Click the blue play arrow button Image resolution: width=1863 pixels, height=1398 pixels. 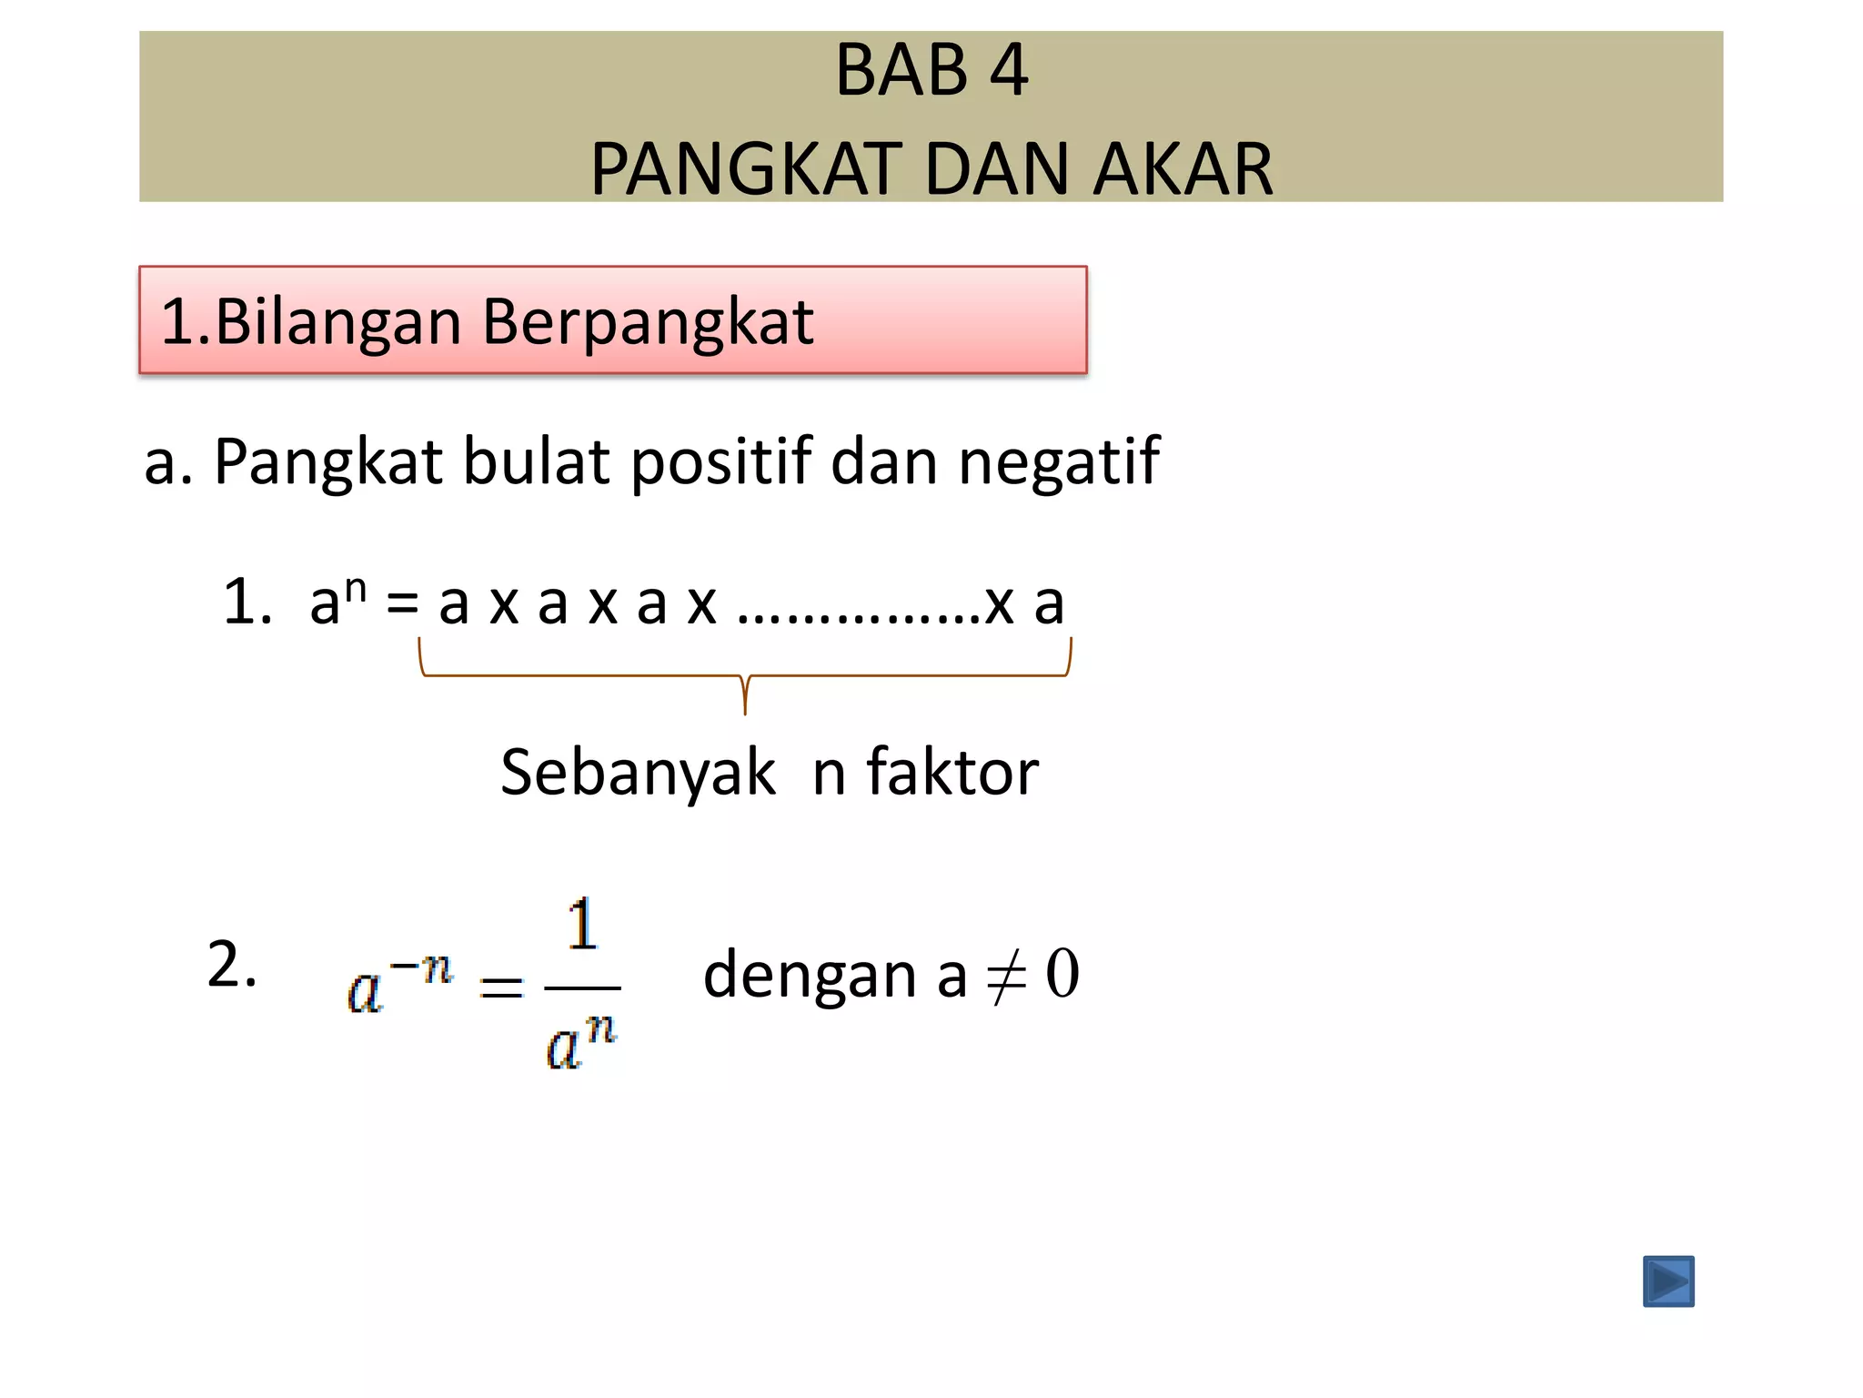point(1668,1281)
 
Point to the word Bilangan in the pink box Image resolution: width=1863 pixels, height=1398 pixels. point(338,322)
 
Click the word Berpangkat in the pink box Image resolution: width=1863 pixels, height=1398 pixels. point(648,322)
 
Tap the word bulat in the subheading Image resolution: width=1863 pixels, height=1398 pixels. point(536,461)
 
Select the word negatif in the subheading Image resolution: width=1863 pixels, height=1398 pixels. point(1059,461)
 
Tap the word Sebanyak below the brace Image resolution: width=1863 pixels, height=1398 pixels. point(638,773)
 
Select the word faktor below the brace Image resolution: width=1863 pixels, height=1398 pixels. point(952,773)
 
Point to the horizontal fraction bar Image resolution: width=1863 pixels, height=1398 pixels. point(582,988)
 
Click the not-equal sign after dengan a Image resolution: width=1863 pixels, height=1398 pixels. point(1006,975)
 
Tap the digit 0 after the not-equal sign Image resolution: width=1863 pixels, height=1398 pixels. point(1062,974)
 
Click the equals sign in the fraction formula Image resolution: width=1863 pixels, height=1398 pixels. point(501,987)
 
